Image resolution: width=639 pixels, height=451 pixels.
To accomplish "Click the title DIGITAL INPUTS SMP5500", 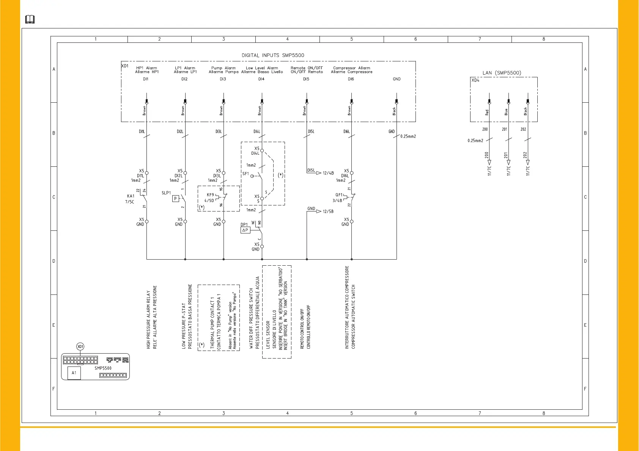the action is pyautogui.click(x=273, y=55).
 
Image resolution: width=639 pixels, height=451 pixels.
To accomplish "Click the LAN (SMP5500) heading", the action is pyautogui.click(x=502, y=73).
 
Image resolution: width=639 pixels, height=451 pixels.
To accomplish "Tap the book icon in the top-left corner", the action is pyautogui.click(x=30, y=19).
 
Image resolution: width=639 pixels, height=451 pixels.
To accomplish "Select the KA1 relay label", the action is pyautogui.click(x=131, y=196).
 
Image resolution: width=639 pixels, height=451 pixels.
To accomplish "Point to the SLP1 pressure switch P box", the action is pyautogui.click(x=175, y=199).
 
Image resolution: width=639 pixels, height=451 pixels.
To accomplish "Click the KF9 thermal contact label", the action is pyautogui.click(x=210, y=195).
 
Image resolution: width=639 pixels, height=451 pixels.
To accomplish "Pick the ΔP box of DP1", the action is pyautogui.click(x=245, y=230).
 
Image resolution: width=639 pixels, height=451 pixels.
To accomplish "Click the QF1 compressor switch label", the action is pyautogui.click(x=339, y=195).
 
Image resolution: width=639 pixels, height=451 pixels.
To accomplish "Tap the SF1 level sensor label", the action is pyautogui.click(x=246, y=174).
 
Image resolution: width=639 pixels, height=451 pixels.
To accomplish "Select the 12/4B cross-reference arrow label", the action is pyautogui.click(x=328, y=173).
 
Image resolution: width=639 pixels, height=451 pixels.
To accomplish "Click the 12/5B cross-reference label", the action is pyautogui.click(x=328, y=211).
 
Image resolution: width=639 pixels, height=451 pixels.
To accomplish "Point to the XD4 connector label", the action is pyautogui.click(x=475, y=80).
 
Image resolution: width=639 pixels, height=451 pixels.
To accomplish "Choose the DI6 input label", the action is pyautogui.click(x=351, y=79).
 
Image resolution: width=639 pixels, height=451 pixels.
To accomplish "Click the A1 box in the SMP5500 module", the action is pyautogui.click(x=74, y=373).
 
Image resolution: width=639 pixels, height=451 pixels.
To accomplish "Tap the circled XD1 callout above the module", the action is pyautogui.click(x=80, y=346).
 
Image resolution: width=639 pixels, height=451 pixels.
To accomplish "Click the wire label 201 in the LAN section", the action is pyautogui.click(x=504, y=130).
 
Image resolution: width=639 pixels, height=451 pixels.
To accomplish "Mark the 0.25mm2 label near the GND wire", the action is pyautogui.click(x=408, y=136).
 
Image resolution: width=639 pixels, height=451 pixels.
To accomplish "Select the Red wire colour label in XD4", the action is pyautogui.click(x=487, y=113).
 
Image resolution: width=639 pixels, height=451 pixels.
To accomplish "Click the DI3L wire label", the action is pyautogui.click(x=219, y=132).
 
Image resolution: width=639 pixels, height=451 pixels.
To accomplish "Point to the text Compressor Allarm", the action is pyautogui.click(x=351, y=68).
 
